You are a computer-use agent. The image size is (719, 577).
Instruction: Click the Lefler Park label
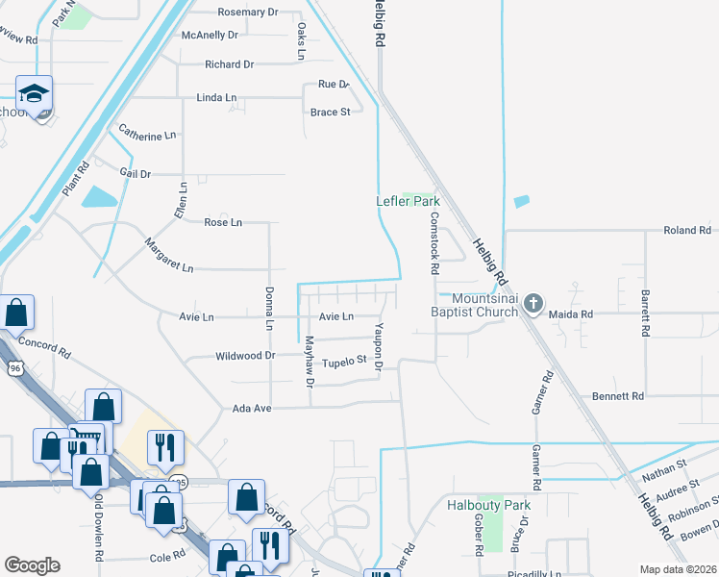(x=407, y=201)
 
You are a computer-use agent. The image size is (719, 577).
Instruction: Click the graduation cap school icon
(x=35, y=94)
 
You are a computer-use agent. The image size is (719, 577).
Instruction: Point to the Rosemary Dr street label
(x=247, y=13)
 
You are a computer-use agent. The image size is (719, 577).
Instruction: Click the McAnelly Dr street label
(x=210, y=36)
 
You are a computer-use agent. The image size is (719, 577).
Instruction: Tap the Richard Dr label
(x=229, y=64)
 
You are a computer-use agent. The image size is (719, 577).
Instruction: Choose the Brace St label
(x=330, y=113)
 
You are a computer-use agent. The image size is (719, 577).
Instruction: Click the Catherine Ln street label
(x=147, y=136)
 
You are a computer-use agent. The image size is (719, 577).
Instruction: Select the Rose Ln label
(x=223, y=222)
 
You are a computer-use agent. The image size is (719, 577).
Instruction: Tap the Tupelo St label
(x=345, y=362)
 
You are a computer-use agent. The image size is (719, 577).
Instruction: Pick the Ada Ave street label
(x=253, y=409)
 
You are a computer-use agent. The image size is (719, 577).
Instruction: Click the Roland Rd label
(x=687, y=231)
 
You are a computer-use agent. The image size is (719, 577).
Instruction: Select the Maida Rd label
(x=571, y=314)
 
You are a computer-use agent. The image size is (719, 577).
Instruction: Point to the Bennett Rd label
(x=617, y=395)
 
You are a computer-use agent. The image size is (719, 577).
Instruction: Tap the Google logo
(x=32, y=565)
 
